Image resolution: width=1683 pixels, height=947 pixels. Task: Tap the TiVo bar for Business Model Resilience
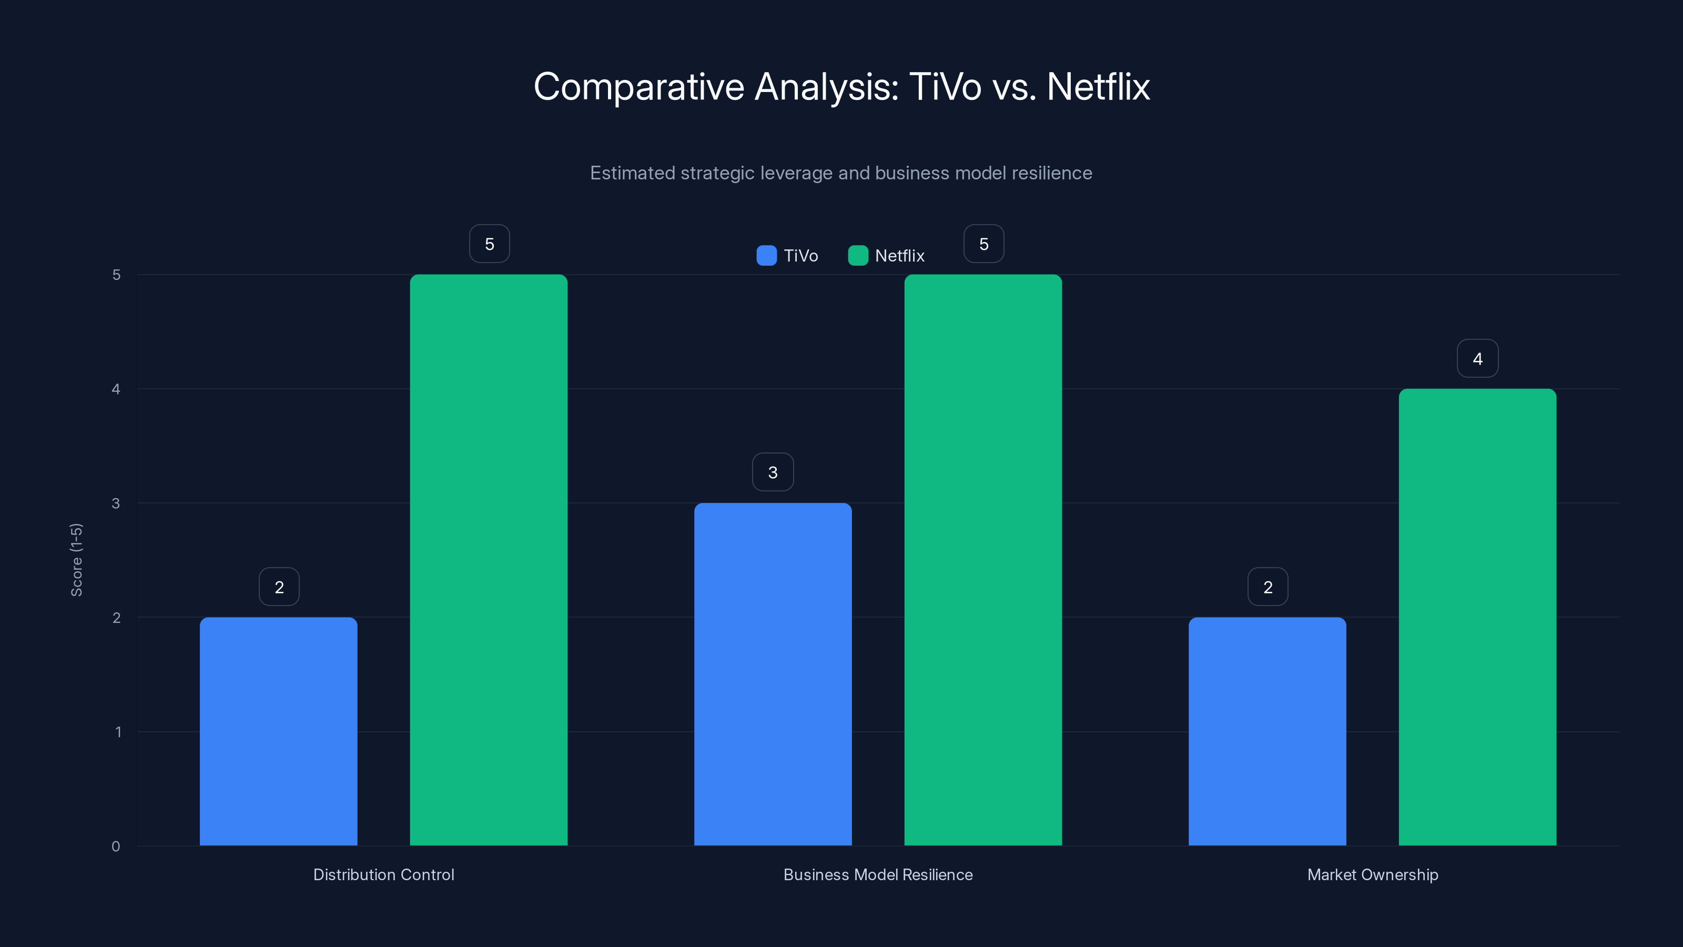coord(773,674)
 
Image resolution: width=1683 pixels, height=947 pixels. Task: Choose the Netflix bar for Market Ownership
coord(1477,617)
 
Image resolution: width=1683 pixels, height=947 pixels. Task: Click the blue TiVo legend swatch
coord(766,256)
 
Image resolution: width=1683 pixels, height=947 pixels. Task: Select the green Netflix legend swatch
coord(858,256)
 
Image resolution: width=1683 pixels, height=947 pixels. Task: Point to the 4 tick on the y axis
coord(116,389)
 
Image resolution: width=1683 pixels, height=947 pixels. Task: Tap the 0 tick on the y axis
coord(116,847)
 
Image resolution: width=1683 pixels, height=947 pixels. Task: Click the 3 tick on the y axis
coord(116,503)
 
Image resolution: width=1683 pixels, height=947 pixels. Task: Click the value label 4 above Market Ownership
coord(1477,358)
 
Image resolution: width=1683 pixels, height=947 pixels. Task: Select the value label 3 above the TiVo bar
coord(773,472)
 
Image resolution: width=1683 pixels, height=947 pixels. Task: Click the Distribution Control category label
coord(383,874)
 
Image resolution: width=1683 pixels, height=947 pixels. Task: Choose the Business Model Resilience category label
coord(878,874)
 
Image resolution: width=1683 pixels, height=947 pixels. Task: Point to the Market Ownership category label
coord(1373,874)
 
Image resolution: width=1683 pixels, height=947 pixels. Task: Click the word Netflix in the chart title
coord(1098,87)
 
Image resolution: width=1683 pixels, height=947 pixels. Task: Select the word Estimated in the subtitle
coord(632,173)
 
